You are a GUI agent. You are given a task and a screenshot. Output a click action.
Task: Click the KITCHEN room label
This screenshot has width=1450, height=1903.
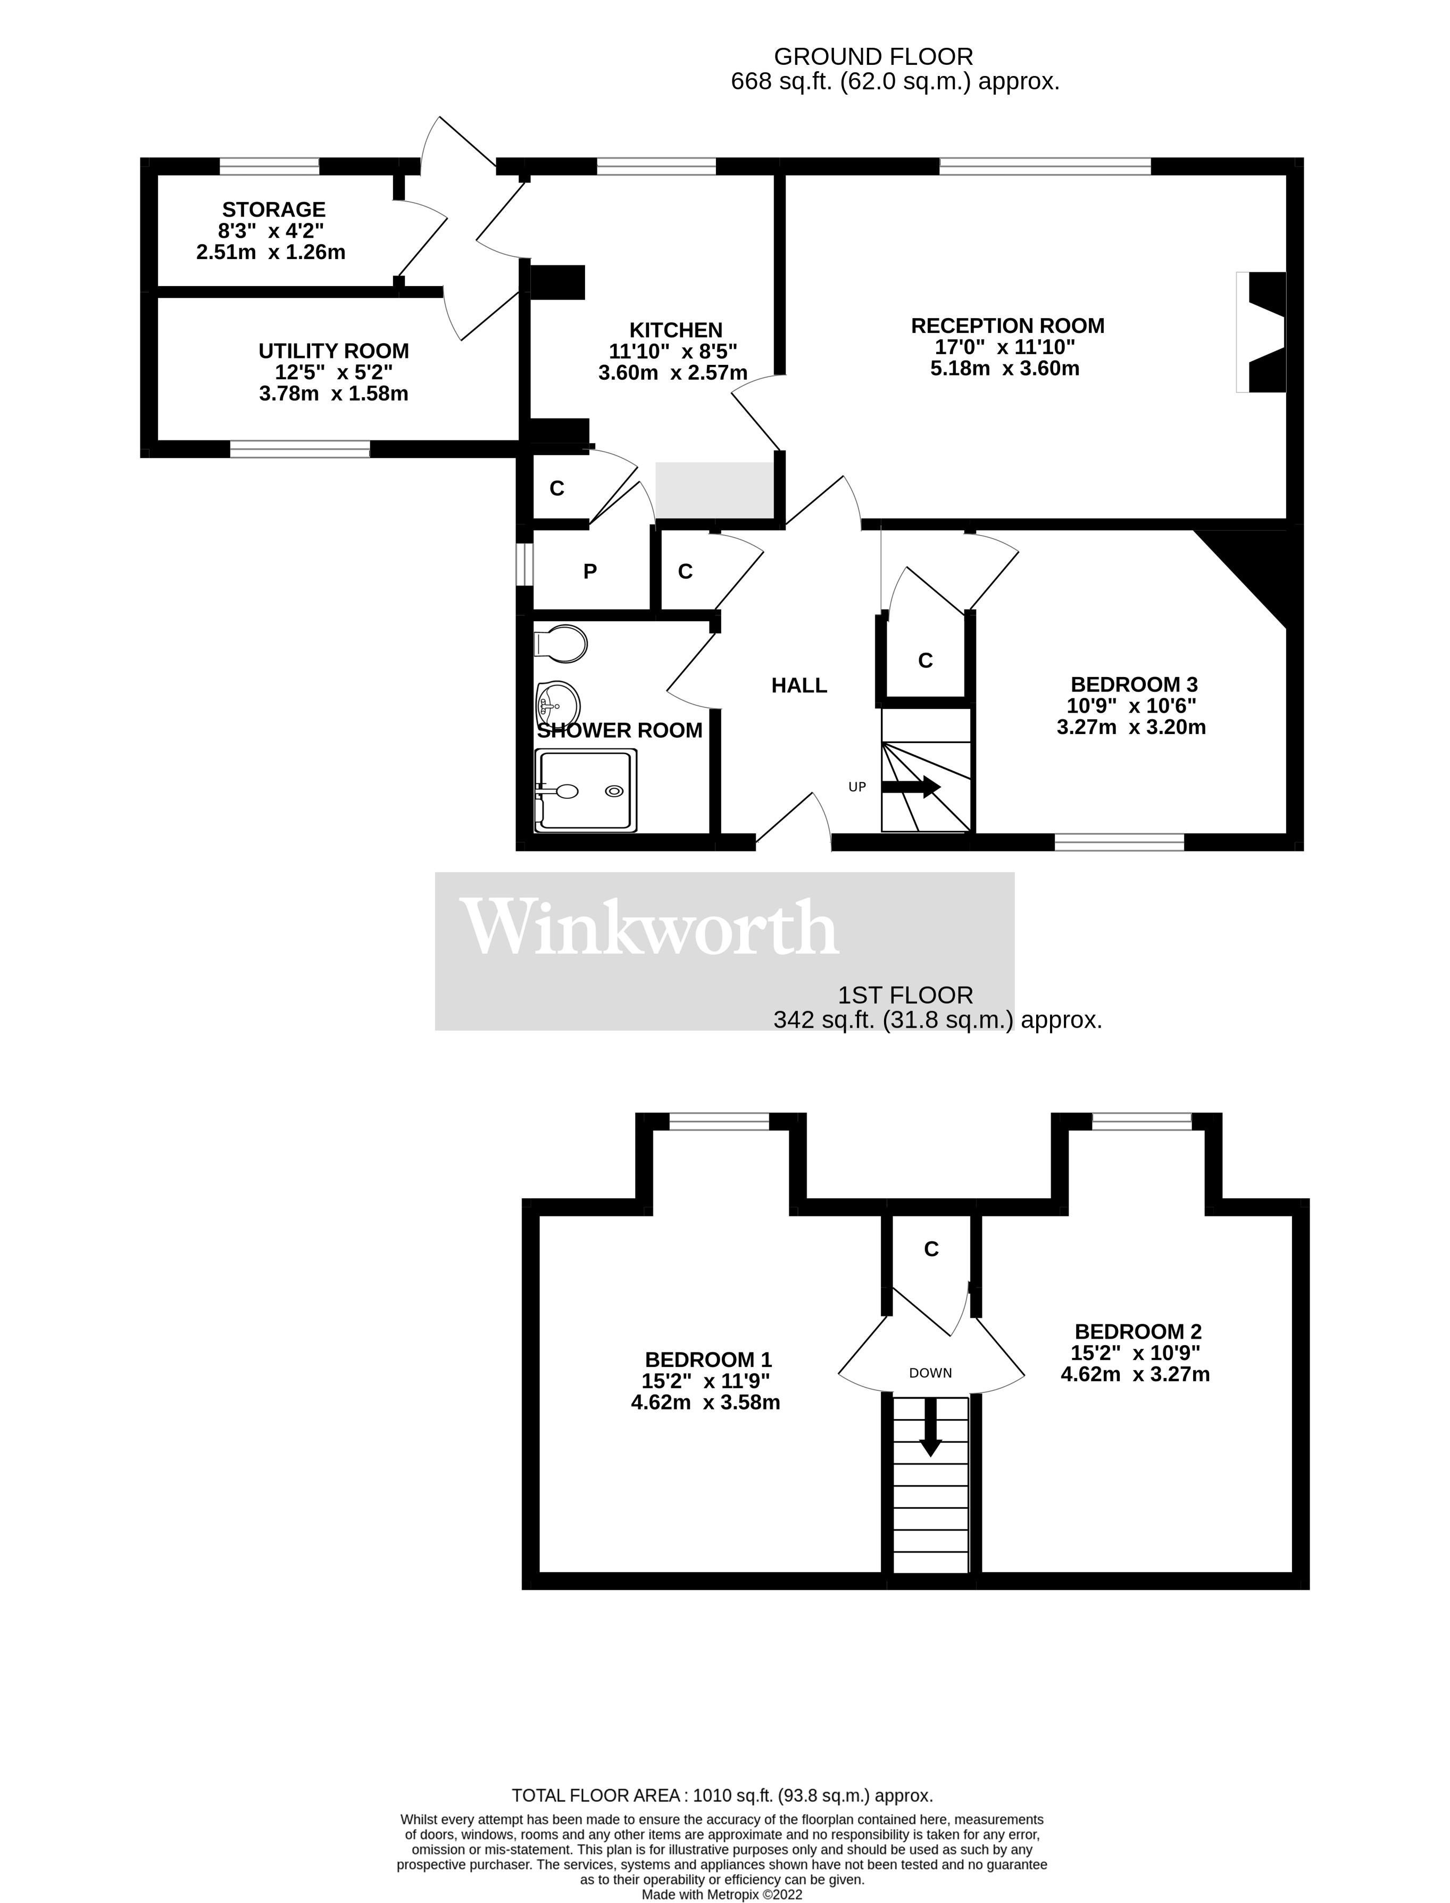pos(676,330)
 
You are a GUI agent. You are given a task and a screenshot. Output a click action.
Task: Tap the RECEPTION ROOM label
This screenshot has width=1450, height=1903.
pos(1007,326)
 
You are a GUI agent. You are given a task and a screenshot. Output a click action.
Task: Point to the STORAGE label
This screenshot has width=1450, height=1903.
pos(273,210)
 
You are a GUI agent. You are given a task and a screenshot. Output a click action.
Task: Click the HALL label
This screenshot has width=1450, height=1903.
pos(799,685)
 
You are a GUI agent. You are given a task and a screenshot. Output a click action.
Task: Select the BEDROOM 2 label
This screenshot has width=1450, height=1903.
pos(1138,1332)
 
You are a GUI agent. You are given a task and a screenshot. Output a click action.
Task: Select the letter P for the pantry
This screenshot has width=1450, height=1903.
pos(590,571)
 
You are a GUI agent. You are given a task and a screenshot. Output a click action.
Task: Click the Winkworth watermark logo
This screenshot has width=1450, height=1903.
pos(649,928)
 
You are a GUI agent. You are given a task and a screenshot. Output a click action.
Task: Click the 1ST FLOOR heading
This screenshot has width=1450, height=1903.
pos(905,995)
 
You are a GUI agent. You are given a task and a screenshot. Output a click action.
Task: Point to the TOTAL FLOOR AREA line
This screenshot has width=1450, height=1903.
pos(722,1796)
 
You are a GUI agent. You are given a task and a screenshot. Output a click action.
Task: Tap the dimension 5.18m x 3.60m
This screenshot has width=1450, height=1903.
pos(1005,369)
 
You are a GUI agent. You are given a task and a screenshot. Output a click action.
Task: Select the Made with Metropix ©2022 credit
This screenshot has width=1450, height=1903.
pos(722,1894)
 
